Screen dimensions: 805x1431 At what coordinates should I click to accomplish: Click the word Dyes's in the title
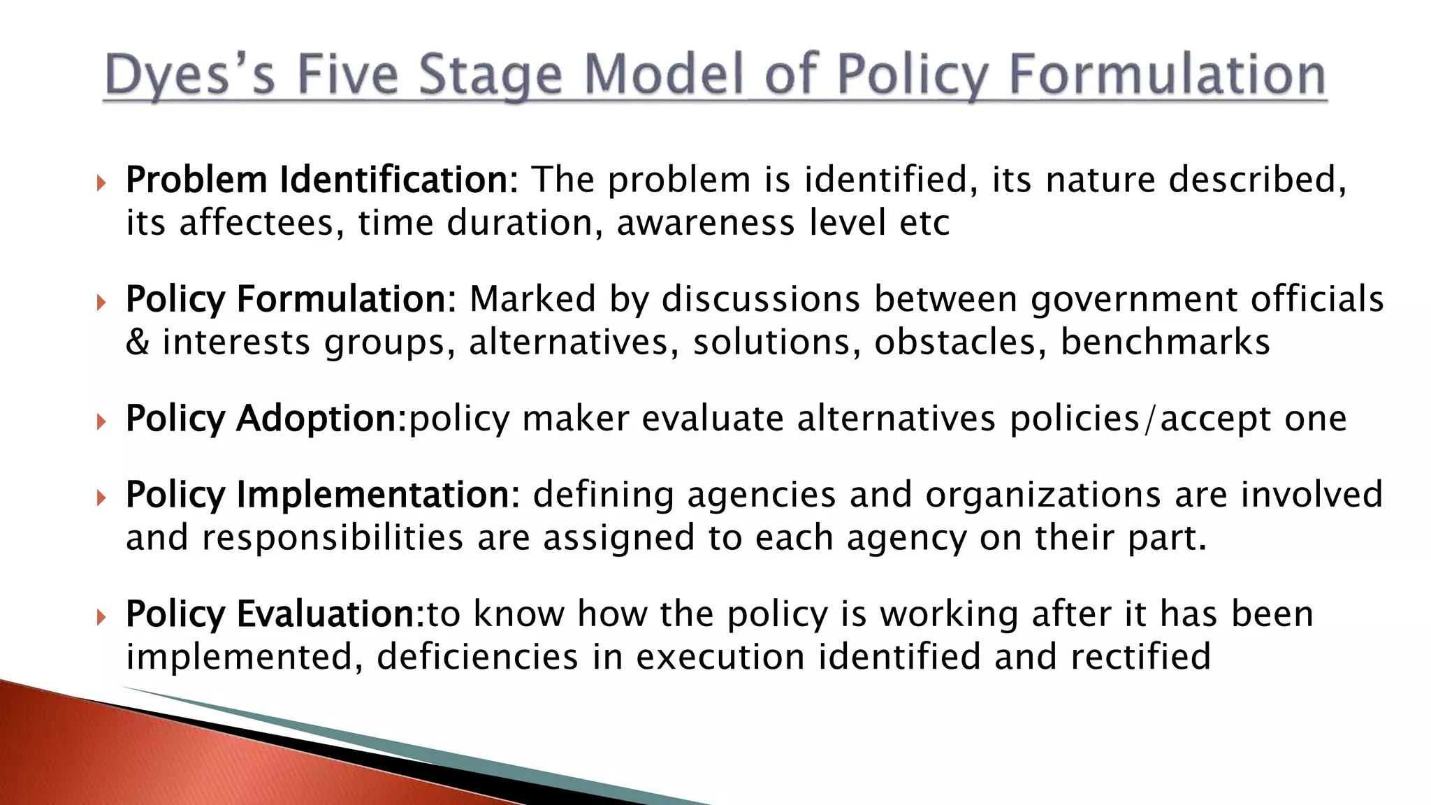point(190,75)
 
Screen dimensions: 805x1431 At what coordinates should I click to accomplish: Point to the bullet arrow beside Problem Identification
point(102,183)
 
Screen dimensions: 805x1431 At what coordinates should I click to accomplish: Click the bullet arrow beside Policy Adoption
point(102,421)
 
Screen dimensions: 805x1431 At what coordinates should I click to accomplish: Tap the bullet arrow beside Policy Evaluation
point(102,617)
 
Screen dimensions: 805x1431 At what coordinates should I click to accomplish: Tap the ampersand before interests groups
point(138,342)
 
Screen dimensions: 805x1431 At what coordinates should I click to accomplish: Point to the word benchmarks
point(1165,342)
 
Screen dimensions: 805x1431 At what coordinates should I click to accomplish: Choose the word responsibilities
point(333,538)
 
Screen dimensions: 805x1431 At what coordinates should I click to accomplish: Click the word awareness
point(706,223)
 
